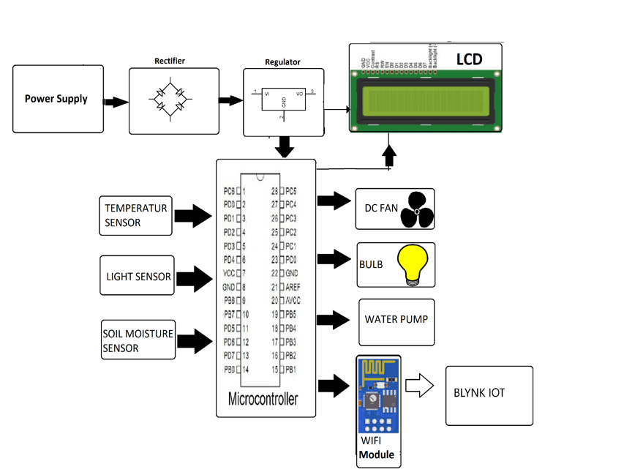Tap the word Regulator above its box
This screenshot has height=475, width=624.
pos(282,63)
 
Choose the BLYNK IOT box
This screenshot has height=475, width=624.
pos(489,395)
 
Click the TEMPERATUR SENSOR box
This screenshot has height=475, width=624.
pos(135,215)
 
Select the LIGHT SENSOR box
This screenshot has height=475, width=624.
pos(137,275)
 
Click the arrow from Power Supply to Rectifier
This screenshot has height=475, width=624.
pos(116,102)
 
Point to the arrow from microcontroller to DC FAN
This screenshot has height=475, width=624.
pos(334,201)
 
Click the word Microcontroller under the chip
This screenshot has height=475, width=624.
pos(263,399)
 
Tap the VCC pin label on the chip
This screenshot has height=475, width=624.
pos(229,273)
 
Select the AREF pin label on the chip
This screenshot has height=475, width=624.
pos(293,287)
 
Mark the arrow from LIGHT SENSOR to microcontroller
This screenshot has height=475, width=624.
pos(195,279)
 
